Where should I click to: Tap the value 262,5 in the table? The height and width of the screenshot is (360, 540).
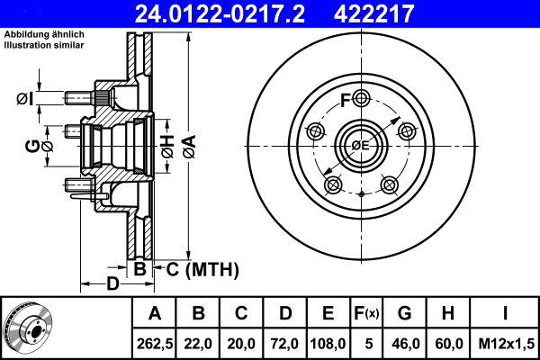click(x=154, y=343)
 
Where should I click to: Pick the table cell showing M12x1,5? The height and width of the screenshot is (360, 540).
click(x=506, y=343)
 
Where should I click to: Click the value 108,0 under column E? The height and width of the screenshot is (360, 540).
click(x=328, y=343)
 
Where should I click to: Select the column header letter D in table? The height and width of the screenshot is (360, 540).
click(x=284, y=313)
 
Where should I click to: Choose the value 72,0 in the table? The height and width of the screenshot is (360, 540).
click(x=284, y=343)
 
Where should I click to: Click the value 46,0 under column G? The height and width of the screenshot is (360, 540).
click(x=405, y=343)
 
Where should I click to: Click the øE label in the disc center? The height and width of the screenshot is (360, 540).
click(x=360, y=145)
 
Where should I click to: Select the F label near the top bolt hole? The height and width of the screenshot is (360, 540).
click(x=345, y=99)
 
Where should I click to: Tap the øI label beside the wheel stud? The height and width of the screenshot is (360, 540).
click(x=24, y=99)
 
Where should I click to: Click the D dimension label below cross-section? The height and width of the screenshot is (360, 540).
click(x=112, y=284)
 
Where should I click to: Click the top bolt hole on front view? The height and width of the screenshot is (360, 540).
click(x=361, y=98)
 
